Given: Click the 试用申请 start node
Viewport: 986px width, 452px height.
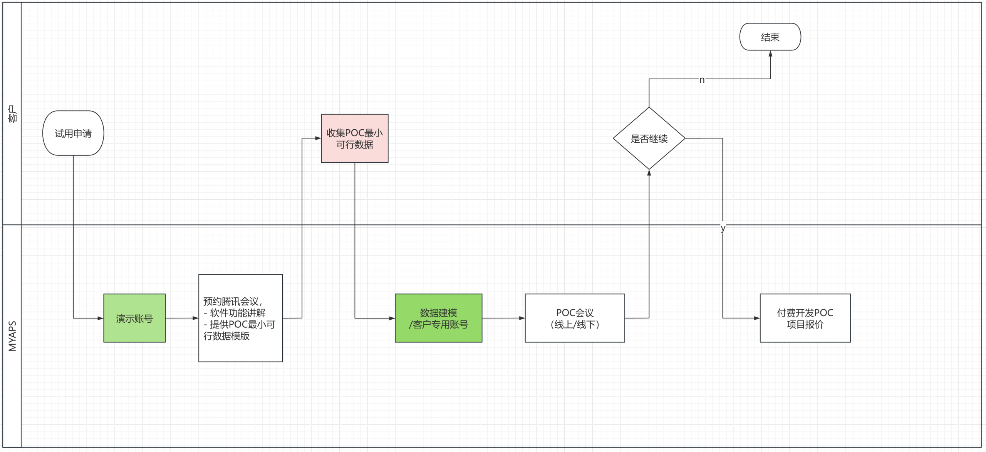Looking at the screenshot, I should click(x=73, y=133).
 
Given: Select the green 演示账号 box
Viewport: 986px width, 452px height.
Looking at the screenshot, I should click(x=134, y=318).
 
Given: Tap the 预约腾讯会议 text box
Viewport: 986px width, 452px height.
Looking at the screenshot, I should click(x=240, y=318).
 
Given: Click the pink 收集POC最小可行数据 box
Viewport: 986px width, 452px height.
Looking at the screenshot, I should click(x=355, y=138).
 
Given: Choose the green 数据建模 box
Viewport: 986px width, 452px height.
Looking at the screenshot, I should click(x=438, y=318).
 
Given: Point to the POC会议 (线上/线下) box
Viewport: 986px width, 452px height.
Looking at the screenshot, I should click(x=575, y=318).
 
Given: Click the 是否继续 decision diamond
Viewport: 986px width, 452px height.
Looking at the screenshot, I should click(x=649, y=138).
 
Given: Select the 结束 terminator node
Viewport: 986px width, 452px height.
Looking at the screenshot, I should click(x=770, y=37).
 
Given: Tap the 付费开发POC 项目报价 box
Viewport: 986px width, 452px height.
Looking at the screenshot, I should click(x=805, y=318).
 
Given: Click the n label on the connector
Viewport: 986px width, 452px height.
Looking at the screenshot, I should click(x=702, y=80).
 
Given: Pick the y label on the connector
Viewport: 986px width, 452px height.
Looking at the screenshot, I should click(x=723, y=228).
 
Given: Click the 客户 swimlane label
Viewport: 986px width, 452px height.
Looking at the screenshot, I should click(x=12, y=114).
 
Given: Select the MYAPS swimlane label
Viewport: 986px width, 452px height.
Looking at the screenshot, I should click(x=12, y=336).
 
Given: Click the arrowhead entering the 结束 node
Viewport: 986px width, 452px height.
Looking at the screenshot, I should click(x=770, y=54).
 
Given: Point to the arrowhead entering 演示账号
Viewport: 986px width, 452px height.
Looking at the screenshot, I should click(x=100, y=318).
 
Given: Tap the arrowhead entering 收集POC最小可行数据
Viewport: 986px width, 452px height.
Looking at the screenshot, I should click(x=318, y=138).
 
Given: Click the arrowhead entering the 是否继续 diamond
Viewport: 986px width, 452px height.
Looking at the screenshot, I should click(x=649, y=173).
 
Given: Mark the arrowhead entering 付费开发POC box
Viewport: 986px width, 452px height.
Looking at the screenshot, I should click(x=756, y=318).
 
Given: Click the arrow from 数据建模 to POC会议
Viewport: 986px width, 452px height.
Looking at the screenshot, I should click(x=503, y=318).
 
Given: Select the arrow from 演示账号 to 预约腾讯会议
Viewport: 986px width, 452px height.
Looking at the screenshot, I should click(x=182, y=318).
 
